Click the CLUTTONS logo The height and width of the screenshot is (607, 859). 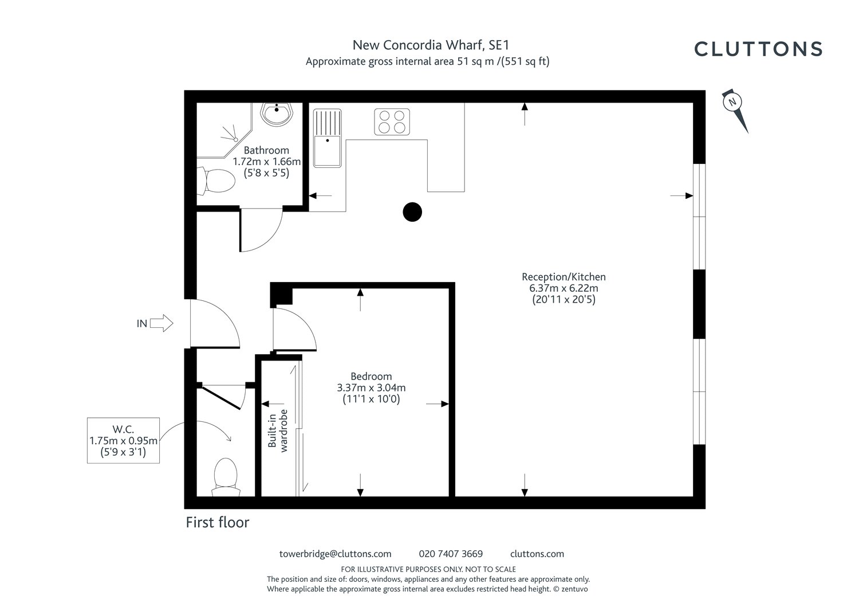pyautogui.click(x=758, y=49)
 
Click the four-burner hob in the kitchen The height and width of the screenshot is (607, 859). pyautogui.click(x=392, y=122)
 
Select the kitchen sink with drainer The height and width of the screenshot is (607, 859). pyautogui.click(x=327, y=138)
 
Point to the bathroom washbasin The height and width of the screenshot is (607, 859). pyautogui.click(x=277, y=114)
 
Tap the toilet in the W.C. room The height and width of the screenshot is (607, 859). pyautogui.click(x=226, y=477)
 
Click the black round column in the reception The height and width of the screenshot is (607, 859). pyautogui.click(x=412, y=212)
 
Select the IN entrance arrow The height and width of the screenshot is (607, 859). pyautogui.click(x=161, y=323)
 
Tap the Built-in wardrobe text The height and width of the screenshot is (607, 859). pyautogui.click(x=278, y=431)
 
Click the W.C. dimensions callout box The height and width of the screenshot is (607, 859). pyautogui.click(x=123, y=440)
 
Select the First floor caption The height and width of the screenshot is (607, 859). pyautogui.click(x=218, y=523)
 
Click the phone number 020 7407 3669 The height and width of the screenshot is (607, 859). pyautogui.click(x=451, y=554)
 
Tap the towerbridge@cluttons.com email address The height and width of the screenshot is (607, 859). pyautogui.click(x=335, y=554)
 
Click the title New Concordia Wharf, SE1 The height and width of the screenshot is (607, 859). pyautogui.click(x=431, y=45)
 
